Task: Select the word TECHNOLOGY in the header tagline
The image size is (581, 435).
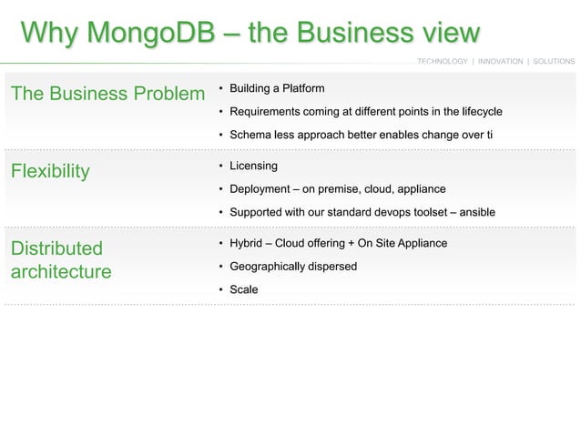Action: tap(443, 61)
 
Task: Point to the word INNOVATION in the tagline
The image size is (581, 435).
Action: tap(500, 61)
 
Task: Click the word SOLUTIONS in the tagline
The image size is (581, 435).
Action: tap(554, 61)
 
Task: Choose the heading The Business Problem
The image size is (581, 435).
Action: tap(107, 94)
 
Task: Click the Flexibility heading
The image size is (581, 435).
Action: tap(49, 171)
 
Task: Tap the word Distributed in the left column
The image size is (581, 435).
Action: tap(56, 248)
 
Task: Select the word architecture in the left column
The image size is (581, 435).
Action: tap(60, 272)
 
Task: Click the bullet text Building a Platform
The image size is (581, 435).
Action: tap(277, 88)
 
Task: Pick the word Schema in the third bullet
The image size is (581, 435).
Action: tap(248, 135)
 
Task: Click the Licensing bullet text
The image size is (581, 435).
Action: tap(253, 166)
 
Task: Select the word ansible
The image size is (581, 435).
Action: tap(478, 212)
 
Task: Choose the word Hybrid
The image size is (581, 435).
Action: tap(245, 243)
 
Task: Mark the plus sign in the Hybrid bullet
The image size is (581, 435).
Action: tap(352, 243)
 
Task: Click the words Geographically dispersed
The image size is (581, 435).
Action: tap(292, 267)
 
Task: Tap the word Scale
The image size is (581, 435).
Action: tap(243, 289)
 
